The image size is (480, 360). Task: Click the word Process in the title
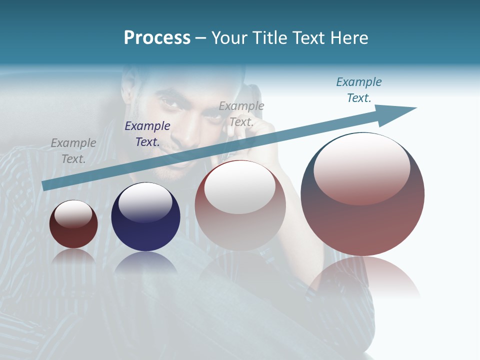[157, 37]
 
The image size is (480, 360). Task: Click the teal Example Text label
[358, 90]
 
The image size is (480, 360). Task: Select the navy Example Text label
[147, 134]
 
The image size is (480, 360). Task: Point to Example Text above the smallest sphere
[73, 150]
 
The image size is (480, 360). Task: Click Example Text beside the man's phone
[241, 113]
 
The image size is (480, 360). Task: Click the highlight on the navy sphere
[145, 200]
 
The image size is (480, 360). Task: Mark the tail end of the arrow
[45, 185]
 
